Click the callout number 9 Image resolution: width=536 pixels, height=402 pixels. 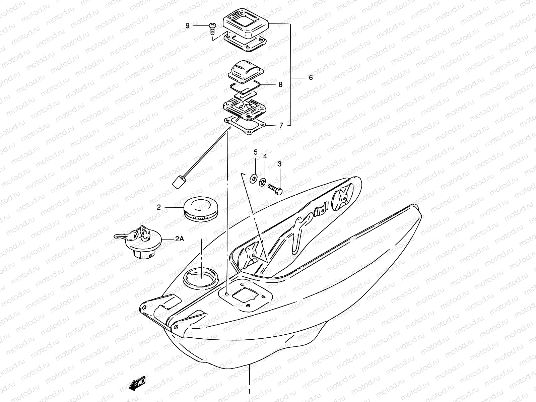tap(188, 25)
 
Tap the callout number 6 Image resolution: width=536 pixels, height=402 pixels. tap(311, 78)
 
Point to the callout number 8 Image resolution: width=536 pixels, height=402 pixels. tap(280, 84)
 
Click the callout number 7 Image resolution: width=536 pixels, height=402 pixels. tap(281, 125)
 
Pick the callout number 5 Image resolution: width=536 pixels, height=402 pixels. tap(256, 152)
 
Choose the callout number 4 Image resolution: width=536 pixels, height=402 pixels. tap(265, 156)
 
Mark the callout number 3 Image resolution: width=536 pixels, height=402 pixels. tap(279, 164)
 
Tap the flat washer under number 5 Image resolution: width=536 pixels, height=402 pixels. tap(254, 177)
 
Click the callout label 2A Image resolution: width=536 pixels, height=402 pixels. tap(180, 239)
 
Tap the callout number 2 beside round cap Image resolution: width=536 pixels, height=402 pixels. tap(159, 207)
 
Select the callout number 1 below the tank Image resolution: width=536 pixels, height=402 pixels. tap(249, 391)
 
